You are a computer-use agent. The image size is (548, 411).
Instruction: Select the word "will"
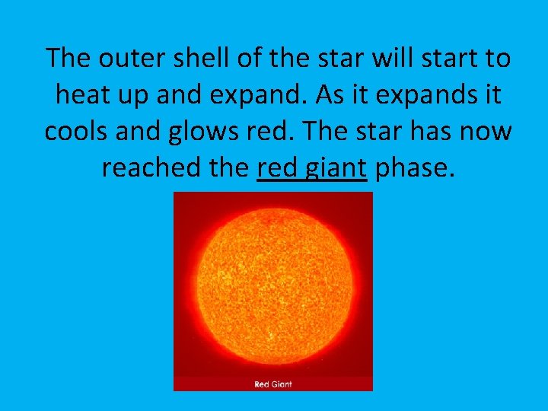pos(389,58)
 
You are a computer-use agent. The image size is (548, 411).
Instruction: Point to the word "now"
pos(486,132)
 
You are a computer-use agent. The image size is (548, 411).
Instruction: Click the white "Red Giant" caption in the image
pos(273,384)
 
